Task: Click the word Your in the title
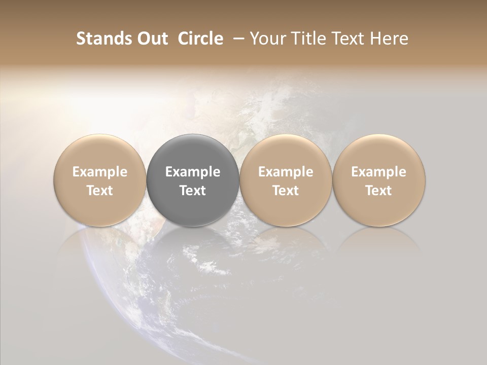click(x=266, y=39)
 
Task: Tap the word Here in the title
click(x=389, y=39)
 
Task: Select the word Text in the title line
click(x=345, y=39)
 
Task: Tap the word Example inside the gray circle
click(x=193, y=172)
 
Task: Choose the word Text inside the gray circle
click(x=193, y=191)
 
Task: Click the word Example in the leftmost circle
click(x=100, y=172)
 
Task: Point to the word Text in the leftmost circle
click(x=100, y=191)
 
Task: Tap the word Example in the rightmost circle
click(x=379, y=172)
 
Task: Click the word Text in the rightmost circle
click(x=379, y=191)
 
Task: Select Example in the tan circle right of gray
click(x=286, y=172)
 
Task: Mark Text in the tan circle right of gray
click(x=286, y=191)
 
